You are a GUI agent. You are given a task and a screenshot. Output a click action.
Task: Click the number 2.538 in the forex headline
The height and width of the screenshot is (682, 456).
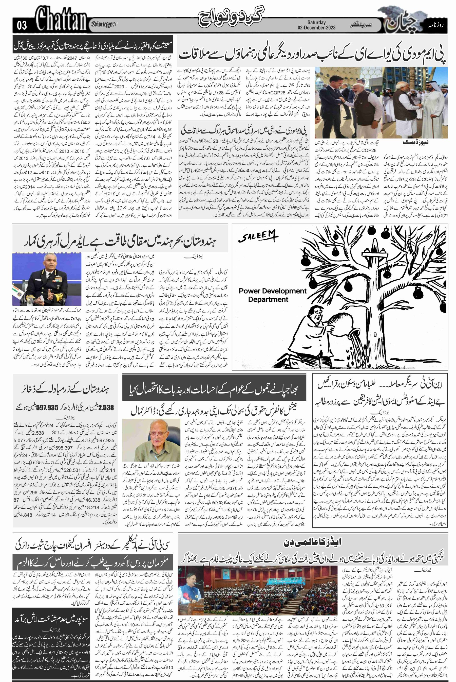click(105, 408)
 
